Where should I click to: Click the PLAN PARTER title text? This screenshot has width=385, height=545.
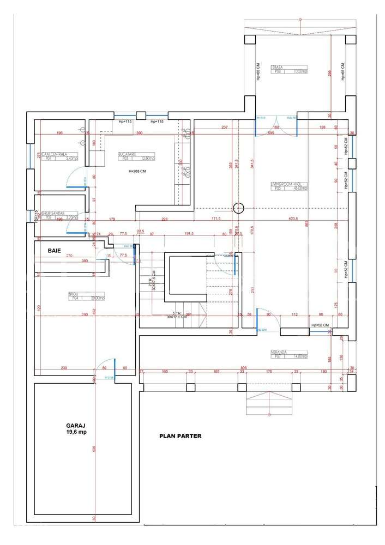point(180,436)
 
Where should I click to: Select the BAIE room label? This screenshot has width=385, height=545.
point(54,251)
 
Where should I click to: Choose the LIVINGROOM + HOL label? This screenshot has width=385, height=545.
point(290,186)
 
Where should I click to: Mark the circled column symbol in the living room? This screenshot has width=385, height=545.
point(238,207)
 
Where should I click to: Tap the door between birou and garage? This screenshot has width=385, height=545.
point(106,367)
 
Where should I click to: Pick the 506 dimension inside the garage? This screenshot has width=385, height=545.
point(94,449)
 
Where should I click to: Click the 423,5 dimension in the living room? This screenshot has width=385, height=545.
point(292,219)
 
